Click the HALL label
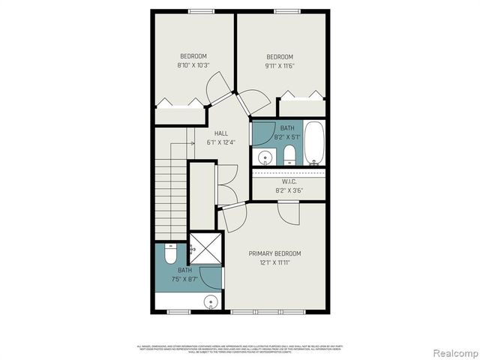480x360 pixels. pyautogui.click(x=221, y=133)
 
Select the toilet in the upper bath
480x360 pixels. pyautogui.click(x=289, y=156)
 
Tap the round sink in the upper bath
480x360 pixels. pyautogui.click(x=265, y=157)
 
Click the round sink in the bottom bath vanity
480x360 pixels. pyautogui.click(x=211, y=303)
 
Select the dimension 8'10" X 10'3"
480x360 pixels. pyautogui.click(x=193, y=65)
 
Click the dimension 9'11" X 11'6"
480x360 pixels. pyautogui.click(x=280, y=66)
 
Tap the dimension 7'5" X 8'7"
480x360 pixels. pyautogui.click(x=185, y=279)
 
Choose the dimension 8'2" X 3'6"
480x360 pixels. pyautogui.click(x=290, y=190)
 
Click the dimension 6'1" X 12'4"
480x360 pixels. pyautogui.click(x=221, y=142)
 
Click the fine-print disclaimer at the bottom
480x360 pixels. pyautogui.click(x=240, y=349)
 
